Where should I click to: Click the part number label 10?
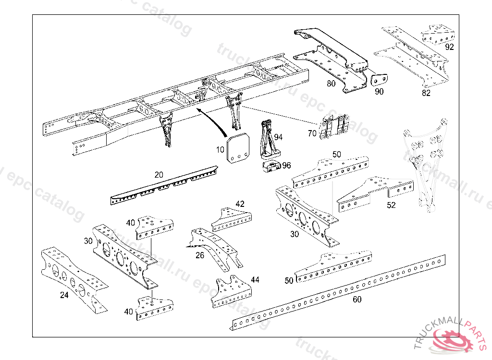pos(220,150)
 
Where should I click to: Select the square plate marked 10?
pos(239,149)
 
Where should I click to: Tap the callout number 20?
pos(159,175)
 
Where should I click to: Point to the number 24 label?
pos(64,295)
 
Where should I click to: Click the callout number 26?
pos(200,255)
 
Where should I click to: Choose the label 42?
pos(240,204)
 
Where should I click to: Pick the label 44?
pos(255,279)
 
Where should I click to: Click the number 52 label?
pos(391,205)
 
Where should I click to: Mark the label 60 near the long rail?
pos(357,300)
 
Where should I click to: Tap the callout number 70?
pos(312,133)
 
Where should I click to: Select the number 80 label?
pos(331,84)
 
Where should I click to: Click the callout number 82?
pos(426,93)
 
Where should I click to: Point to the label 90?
pos(379,92)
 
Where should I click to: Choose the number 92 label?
pos(449,47)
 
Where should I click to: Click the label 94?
pos(278,137)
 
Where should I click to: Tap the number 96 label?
pos(286,166)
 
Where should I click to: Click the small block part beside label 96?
pos(271,167)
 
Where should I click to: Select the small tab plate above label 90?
pos(380,79)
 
